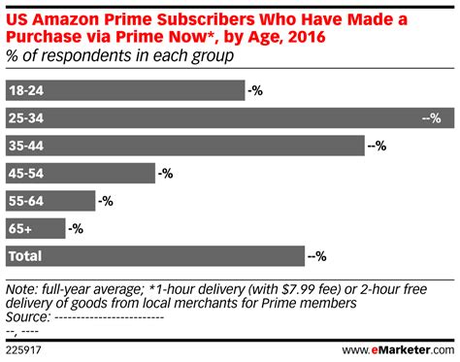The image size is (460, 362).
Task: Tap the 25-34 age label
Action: click(25, 118)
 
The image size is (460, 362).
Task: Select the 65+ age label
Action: click(19, 229)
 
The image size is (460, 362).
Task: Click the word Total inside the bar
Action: click(24, 256)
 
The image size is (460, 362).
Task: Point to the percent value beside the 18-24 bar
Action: click(255, 91)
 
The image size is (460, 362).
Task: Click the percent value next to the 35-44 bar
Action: click(378, 146)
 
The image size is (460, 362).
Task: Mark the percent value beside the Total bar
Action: click(316, 256)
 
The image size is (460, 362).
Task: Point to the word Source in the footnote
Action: click(28, 315)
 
